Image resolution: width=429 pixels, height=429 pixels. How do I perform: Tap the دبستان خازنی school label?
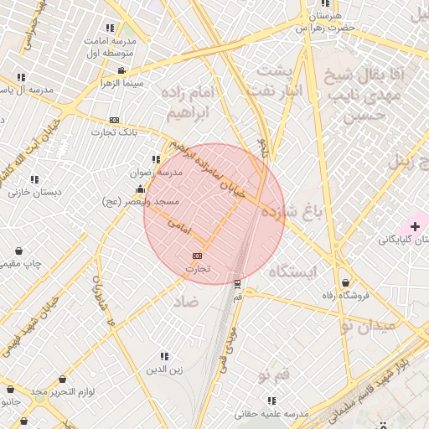(35, 192)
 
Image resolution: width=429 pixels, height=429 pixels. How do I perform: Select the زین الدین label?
(164, 370)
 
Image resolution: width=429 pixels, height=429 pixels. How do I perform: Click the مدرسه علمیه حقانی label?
(271, 414)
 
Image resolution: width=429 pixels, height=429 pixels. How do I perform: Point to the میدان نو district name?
(365, 326)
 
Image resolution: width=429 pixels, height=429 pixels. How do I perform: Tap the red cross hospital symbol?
(415, 226)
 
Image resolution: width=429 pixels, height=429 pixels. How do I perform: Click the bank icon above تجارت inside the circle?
(197, 256)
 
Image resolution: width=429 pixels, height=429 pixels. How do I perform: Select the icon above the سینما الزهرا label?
(122, 70)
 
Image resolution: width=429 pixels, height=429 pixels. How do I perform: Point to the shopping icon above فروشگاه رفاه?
(346, 282)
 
